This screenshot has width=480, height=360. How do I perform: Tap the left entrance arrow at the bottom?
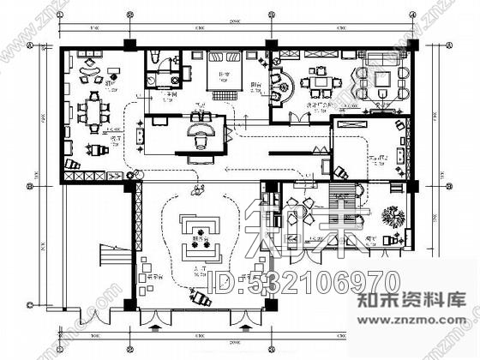tap(155, 326)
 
